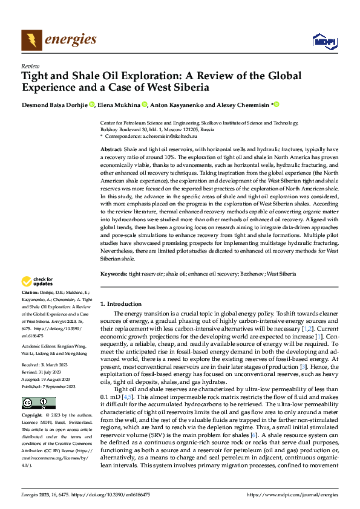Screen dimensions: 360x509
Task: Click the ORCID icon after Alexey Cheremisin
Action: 277,105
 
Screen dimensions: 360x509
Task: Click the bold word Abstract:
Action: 112,148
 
